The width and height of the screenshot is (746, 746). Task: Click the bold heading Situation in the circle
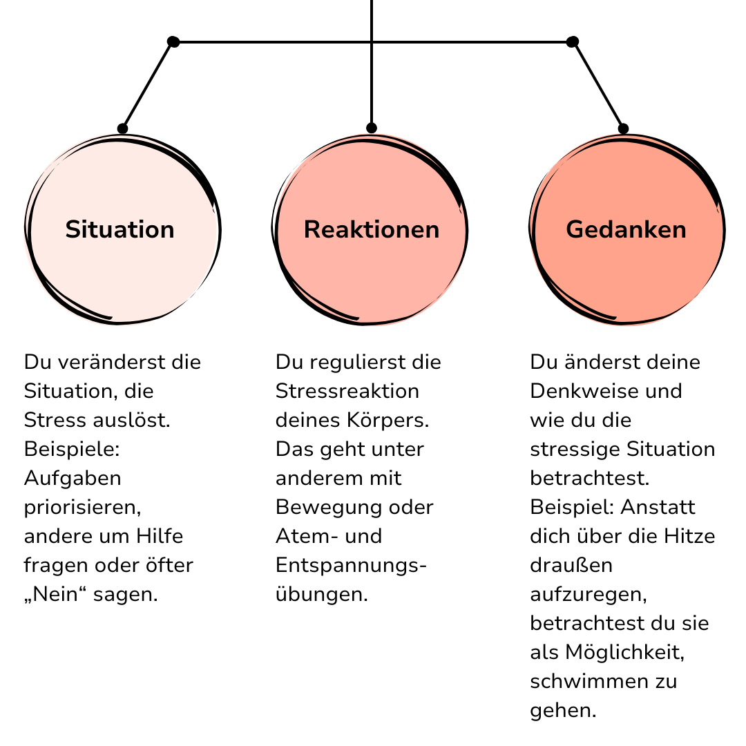coord(120,229)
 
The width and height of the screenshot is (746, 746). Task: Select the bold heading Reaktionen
coord(372,229)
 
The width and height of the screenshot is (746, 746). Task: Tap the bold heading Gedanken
coord(626,229)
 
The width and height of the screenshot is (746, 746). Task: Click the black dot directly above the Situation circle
coord(123,128)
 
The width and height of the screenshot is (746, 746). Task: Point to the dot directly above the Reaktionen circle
coord(372,128)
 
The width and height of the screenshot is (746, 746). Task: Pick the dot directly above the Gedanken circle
coord(623,128)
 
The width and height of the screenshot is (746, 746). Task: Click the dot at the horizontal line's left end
coord(173,42)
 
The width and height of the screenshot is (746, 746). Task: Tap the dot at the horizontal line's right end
coord(573,42)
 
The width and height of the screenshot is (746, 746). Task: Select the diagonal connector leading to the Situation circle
coord(148,85)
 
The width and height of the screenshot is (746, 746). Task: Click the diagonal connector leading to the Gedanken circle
coord(598,85)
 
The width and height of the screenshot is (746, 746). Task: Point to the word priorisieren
coord(82,508)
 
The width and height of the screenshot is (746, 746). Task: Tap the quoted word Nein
coord(55,594)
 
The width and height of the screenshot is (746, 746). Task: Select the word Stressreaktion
coord(347,391)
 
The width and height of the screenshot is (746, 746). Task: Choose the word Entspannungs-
coord(351,566)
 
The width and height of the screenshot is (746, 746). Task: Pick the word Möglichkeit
coord(624,653)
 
